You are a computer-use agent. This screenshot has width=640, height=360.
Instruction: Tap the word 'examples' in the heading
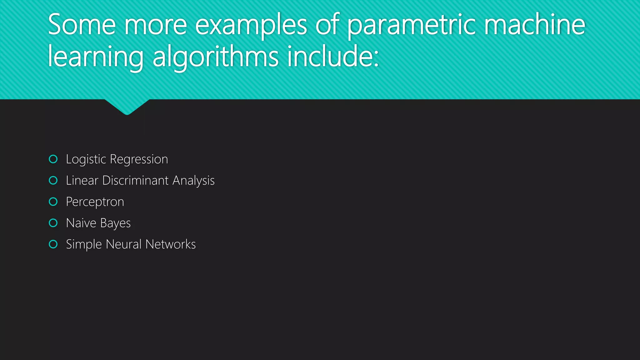point(251,25)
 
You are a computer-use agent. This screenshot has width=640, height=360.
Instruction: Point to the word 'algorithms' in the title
point(216,57)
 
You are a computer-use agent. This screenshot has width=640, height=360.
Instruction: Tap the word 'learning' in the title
point(96,57)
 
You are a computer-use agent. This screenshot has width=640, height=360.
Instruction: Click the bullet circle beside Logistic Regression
point(53,159)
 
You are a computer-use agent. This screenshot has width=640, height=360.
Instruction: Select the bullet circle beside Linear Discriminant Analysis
point(53,180)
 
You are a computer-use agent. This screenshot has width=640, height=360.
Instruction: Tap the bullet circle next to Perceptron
point(53,202)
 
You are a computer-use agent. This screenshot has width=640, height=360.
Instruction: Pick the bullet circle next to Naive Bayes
point(53,223)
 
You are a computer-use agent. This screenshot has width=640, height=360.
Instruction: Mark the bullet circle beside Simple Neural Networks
point(53,244)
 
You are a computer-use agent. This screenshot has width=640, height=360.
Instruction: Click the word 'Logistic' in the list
point(86,159)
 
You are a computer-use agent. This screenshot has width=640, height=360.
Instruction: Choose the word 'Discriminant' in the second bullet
point(136,181)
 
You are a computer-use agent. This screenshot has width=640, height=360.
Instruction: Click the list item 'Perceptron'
point(95,202)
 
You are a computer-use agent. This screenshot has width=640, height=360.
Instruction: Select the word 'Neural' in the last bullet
point(124,244)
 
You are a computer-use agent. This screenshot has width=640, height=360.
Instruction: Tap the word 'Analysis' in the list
point(193,181)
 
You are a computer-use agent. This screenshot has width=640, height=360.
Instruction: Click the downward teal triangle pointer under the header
point(127,107)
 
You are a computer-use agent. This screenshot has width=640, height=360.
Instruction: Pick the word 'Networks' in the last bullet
point(171,244)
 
